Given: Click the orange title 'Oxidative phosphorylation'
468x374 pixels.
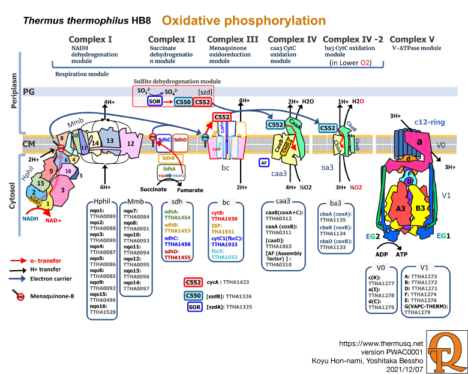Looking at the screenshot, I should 244,21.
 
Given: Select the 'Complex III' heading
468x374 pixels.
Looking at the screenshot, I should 233,40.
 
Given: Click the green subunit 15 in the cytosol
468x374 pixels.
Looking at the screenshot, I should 40,182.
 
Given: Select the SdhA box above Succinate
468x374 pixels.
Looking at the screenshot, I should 169,169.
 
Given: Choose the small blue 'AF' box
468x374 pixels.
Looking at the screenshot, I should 264,163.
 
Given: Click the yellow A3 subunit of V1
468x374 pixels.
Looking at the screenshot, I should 401,208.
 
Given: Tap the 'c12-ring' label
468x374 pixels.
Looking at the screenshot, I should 429,122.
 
